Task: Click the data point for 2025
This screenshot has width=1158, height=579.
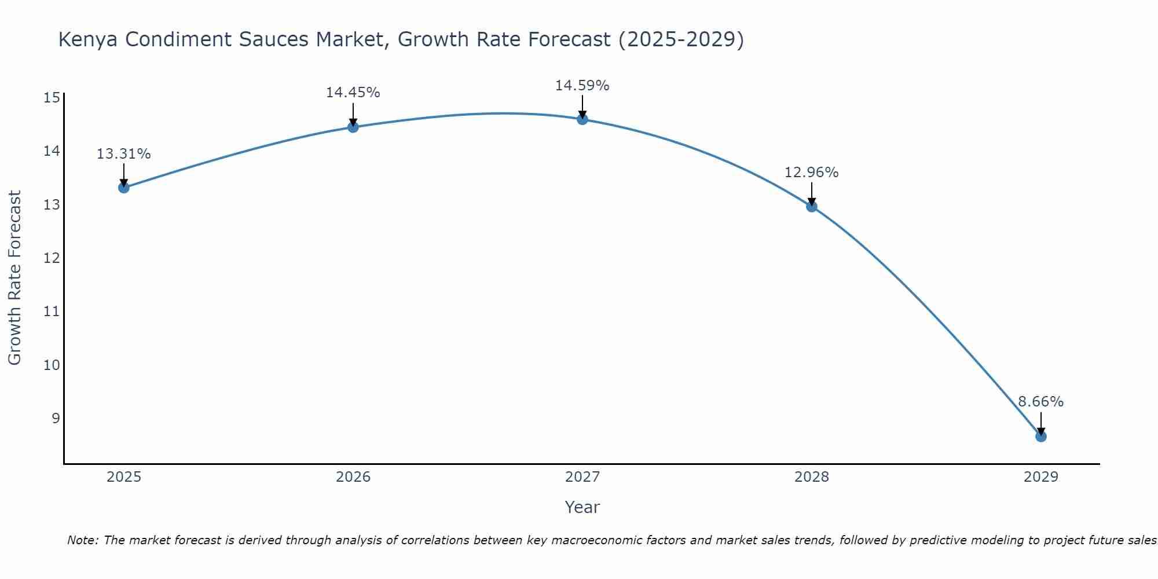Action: [x=123, y=188]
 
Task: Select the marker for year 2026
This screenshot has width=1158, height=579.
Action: [x=353, y=127]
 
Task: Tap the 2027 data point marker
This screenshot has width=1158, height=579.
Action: [x=582, y=119]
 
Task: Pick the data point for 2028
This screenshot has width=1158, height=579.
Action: [x=812, y=207]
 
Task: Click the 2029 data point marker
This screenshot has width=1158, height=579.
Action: [x=1041, y=437]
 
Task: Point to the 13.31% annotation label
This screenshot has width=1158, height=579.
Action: [x=123, y=154]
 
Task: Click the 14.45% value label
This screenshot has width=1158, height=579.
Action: [x=353, y=93]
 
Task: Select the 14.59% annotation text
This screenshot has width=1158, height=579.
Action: [x=582, y=86]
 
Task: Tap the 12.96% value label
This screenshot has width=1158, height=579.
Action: [x=811, y=173]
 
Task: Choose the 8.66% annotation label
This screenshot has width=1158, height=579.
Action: [x=1040, y=402]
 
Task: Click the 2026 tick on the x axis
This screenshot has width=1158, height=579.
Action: [x=353, y=477]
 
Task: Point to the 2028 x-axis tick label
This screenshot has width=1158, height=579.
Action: [x=812, y=477]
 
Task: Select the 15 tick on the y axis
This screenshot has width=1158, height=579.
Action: [x=52, y=97]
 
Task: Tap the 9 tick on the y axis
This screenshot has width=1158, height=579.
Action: [x=56, y=418]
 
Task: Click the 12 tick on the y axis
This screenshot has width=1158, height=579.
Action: [x=52, y=258]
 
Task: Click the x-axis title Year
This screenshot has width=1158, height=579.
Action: [x=582, y=507]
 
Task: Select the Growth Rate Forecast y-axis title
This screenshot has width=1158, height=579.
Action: [x=14, y=278]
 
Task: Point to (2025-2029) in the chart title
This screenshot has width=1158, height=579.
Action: [x=681, y=40]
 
